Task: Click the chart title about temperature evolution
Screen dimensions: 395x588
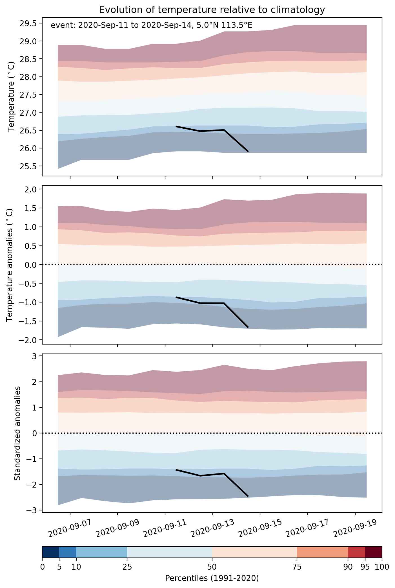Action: [212, 10]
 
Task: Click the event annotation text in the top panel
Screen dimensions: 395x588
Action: [151, 25]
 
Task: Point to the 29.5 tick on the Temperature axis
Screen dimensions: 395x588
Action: [28, 23]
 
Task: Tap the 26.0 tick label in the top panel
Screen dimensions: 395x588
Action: [28, 148]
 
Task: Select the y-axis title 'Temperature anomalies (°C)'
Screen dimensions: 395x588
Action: [10, 265]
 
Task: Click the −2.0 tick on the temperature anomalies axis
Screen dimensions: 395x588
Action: [27, 340]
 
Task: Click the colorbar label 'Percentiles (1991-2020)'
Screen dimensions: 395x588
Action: [212, 578]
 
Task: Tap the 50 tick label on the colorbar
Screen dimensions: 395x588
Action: [212, 567]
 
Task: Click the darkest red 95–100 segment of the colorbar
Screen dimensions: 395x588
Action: [374, 552]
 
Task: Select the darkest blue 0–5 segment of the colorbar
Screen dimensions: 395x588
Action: [51, 552]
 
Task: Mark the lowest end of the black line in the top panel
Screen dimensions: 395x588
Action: [248, 152]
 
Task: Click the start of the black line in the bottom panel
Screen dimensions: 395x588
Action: [176, 470]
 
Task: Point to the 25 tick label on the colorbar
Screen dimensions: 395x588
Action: [127, 567]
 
